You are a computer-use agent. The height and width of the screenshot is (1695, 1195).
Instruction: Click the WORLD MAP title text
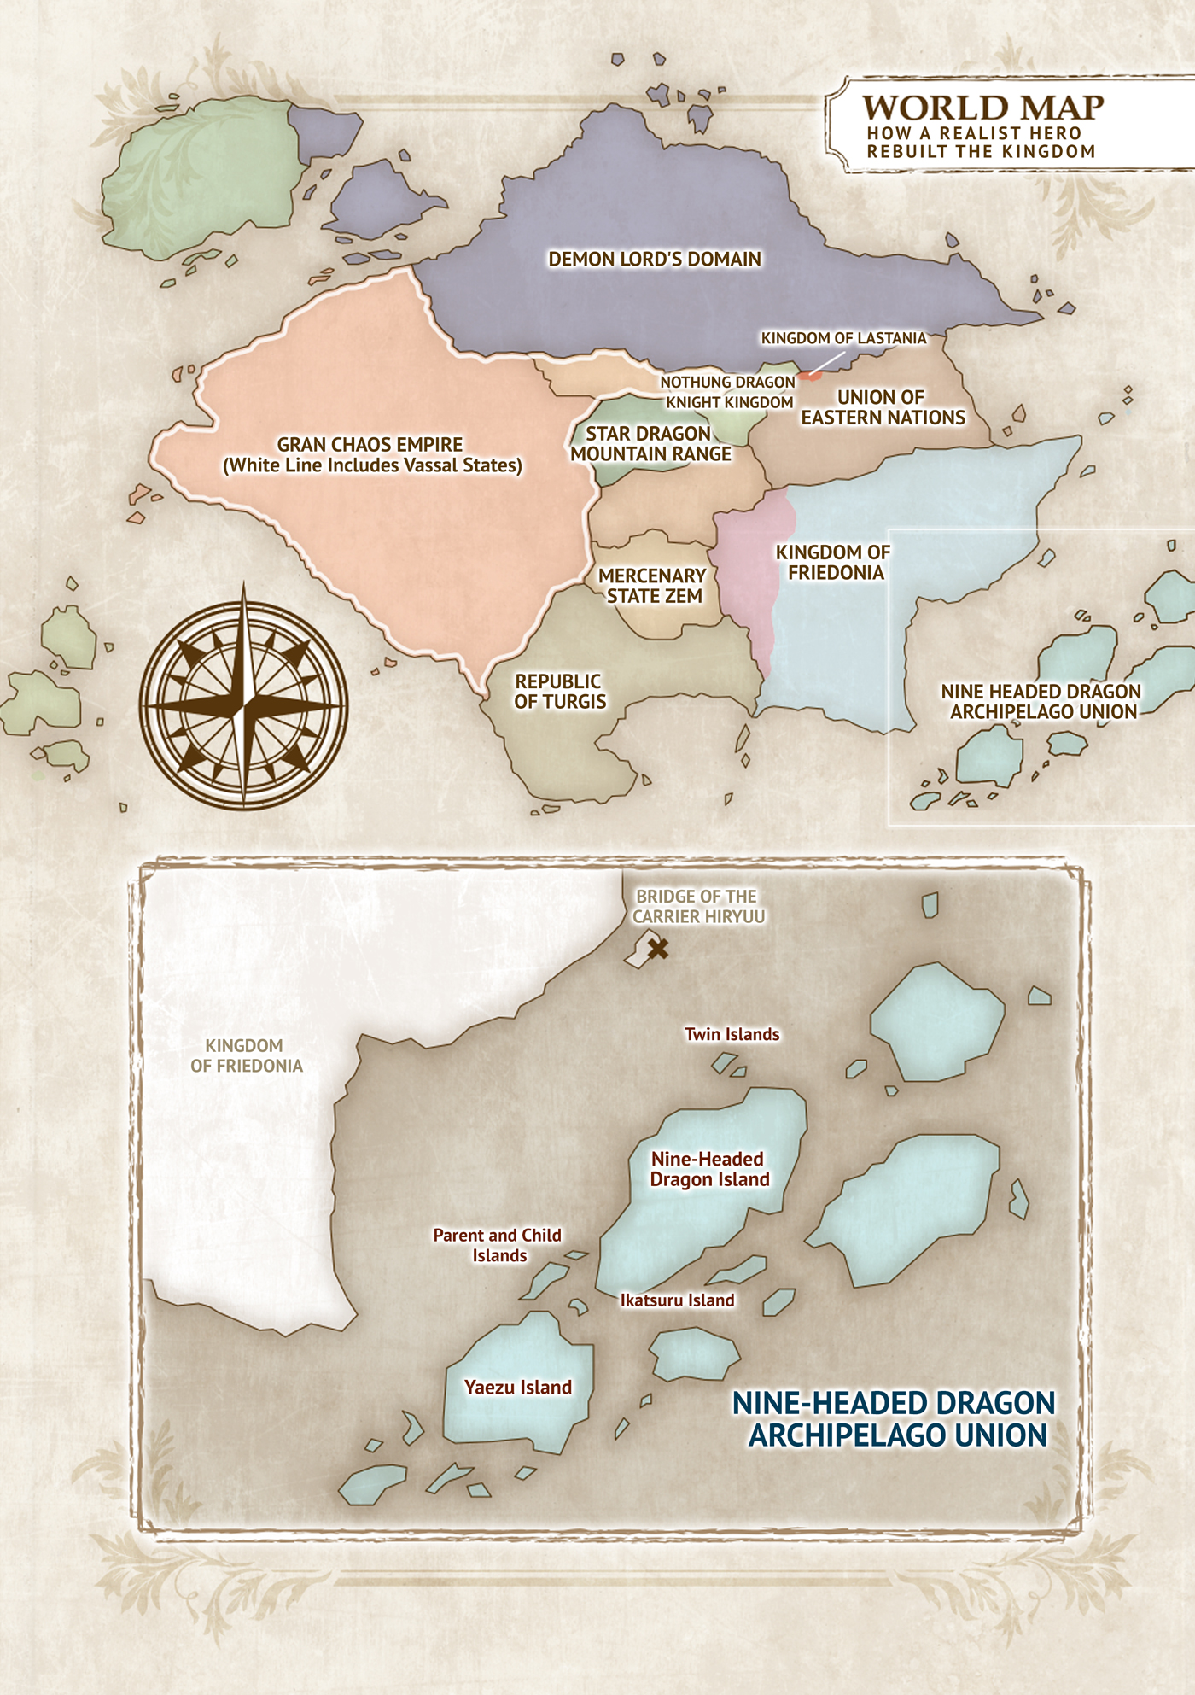[982, 108]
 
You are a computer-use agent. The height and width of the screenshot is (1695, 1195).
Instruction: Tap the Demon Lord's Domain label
[655, 260]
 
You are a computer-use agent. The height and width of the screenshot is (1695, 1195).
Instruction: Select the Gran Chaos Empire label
[371, 455]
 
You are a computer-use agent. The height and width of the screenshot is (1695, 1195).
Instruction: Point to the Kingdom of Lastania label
[843, 338]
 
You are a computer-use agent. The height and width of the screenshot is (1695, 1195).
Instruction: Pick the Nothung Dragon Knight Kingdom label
[728, 392]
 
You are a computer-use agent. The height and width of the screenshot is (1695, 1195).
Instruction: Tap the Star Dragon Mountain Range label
[650, 444]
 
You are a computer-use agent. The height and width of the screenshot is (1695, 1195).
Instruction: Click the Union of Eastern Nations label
[883, 407]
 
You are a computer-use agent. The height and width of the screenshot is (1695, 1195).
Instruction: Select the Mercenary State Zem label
[653, 586]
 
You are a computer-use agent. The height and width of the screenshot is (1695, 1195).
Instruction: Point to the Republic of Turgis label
[559, 692]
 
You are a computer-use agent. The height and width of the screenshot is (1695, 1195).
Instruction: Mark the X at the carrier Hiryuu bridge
[657, 948]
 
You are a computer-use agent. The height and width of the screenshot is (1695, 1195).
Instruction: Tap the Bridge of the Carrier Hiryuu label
[698, 906]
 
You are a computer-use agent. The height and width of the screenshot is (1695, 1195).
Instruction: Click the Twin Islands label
[732, 1034]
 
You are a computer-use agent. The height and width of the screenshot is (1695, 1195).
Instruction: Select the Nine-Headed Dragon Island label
[709, 1169]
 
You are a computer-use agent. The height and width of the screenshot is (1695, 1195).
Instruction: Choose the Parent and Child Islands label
[498, 1245]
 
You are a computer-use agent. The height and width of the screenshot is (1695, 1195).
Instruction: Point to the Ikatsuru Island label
[677, 1300]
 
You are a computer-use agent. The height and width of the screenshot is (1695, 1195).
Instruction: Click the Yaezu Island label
[518, 1387]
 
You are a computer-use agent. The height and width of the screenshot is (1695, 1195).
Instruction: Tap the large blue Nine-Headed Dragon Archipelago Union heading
[895, 1418]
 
